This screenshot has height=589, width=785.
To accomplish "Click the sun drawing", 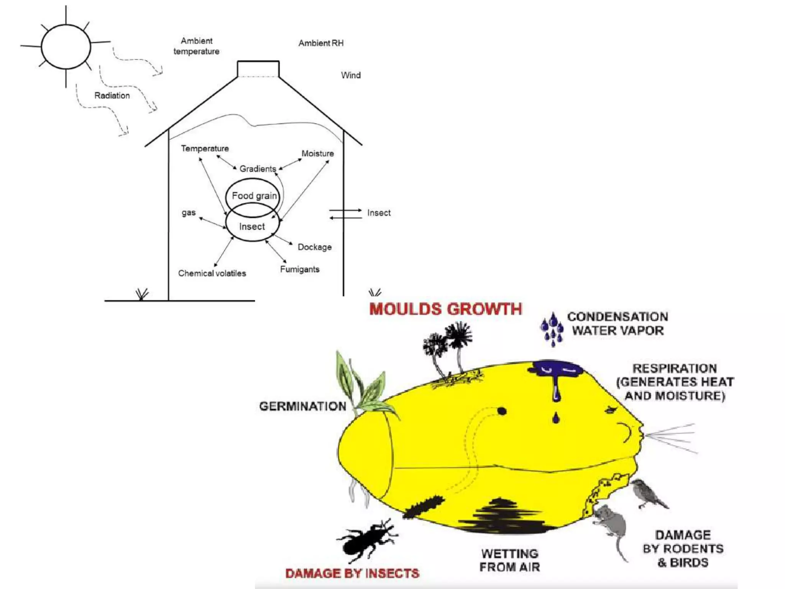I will (66, 47).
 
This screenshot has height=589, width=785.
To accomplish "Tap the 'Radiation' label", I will (112, 95).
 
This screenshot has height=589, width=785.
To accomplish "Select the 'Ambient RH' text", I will (321, 43).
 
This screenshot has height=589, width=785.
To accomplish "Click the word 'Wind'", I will (351, 75).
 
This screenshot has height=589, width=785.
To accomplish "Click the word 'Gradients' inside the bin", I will (258, 169).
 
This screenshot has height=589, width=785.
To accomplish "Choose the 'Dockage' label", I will (314, 247).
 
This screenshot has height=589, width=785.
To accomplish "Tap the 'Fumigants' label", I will (299, 269).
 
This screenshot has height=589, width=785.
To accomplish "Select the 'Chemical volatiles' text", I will (212, 273).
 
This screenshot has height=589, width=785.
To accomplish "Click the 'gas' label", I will (189, 212).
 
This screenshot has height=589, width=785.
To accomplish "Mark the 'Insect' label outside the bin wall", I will (379, 213).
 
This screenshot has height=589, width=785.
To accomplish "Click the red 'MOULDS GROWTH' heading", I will (445, 309).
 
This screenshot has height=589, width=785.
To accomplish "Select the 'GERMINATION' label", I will (302, 406).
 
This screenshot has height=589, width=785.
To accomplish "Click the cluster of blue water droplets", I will (552, 329).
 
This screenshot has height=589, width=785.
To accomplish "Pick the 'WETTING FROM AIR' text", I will (509, 560).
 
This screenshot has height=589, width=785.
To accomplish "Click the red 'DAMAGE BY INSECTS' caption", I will (352, 573).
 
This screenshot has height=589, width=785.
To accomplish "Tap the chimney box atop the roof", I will (258, 69).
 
